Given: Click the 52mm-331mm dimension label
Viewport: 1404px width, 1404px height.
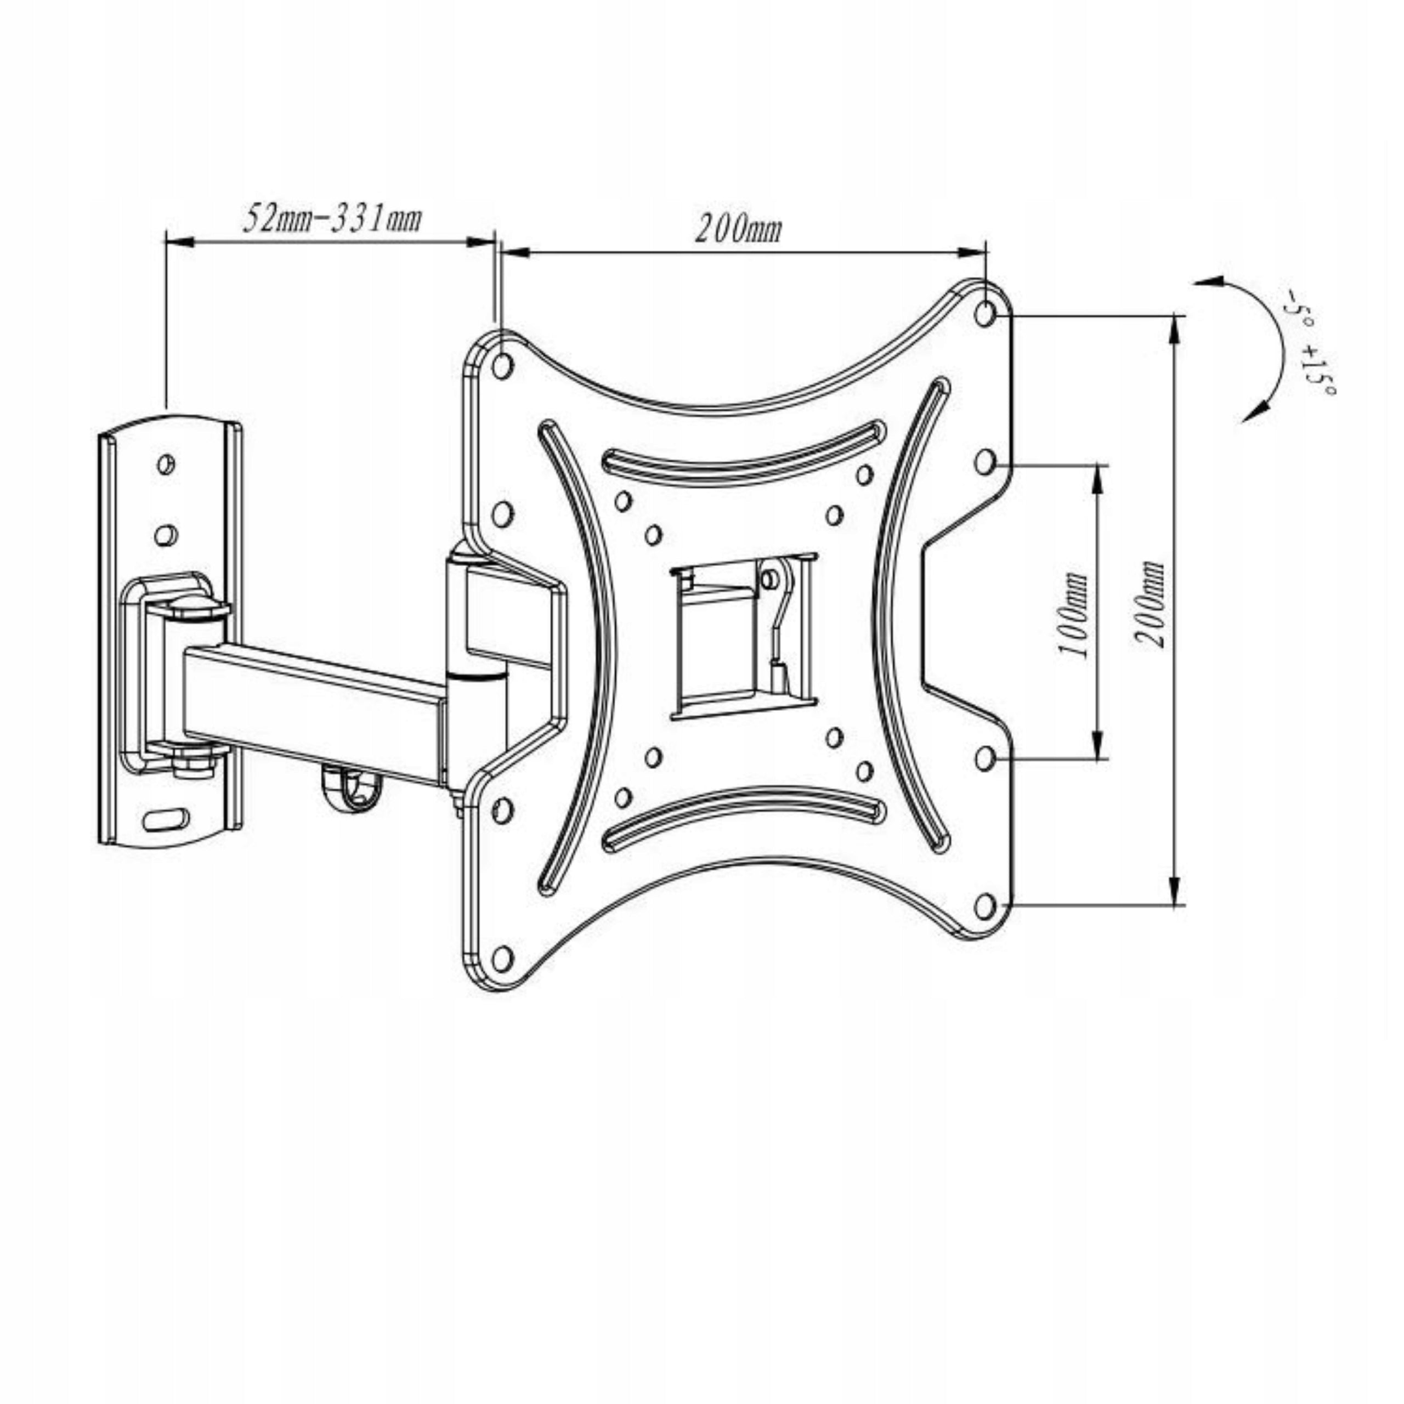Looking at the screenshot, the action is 331,218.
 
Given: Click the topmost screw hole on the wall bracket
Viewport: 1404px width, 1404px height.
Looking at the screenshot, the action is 166,463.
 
